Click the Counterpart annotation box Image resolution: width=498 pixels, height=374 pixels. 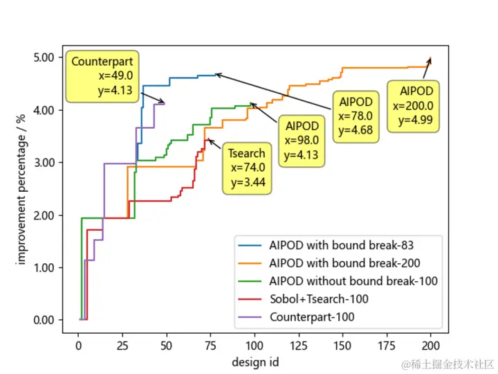102,76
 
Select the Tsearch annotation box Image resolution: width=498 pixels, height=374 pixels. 246,168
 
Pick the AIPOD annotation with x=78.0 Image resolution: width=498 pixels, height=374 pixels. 356,116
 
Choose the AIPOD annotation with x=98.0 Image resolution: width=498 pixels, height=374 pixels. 302,141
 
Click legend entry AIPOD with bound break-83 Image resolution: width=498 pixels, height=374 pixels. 345,244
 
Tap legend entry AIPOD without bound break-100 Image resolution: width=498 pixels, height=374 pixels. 353,281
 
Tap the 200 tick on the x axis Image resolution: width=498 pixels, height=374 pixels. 431,345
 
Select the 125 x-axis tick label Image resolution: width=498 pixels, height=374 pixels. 298,345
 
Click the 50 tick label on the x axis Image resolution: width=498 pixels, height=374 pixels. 166,345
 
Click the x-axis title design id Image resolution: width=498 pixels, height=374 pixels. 256,361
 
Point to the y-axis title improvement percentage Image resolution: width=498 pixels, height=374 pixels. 21,189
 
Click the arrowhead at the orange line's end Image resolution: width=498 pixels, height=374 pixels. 430,60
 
